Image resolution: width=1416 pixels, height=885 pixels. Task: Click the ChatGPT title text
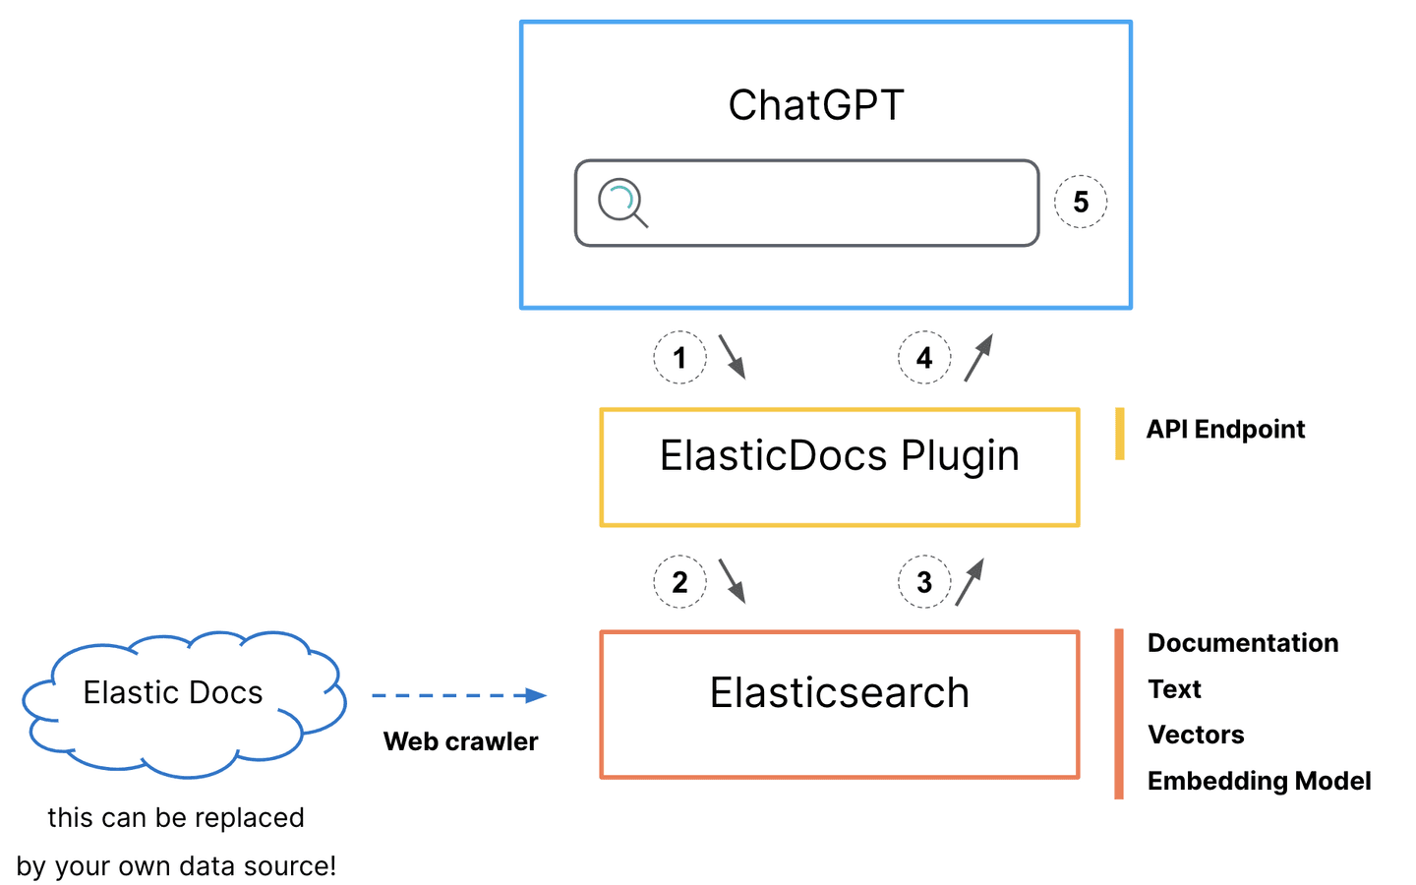[815, 105]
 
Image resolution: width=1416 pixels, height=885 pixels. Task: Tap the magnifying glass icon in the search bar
[621, 203]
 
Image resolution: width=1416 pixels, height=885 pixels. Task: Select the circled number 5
[1081, 202]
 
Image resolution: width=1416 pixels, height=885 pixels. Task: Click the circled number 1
[679, 357]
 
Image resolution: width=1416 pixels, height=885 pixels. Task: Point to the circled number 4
[924, 357]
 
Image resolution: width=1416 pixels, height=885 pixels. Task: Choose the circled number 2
[679, 581]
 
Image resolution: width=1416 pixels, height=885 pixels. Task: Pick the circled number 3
[924, 581]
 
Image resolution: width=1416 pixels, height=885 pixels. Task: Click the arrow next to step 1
[732, 356]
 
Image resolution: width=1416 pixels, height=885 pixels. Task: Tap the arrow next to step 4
[978, 357]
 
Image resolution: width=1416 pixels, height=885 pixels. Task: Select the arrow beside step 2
[732, 580]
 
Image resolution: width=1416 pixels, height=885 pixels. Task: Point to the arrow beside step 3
[970, 581]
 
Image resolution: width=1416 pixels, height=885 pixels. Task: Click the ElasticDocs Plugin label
[839, 456]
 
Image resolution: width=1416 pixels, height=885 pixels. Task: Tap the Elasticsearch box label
[839, 693]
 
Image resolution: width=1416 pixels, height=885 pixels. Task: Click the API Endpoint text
[1225, 430]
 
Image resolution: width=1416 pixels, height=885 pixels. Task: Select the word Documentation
[1243, 643]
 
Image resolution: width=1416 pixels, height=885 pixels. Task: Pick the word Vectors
[1196, 735]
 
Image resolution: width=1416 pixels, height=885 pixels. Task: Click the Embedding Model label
[1259, 781]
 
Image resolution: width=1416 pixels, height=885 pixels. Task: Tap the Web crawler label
[460, 741]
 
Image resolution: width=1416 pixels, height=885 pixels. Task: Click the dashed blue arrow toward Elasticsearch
[458, 695]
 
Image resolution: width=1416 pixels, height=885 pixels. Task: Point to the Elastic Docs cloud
[174, 693]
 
